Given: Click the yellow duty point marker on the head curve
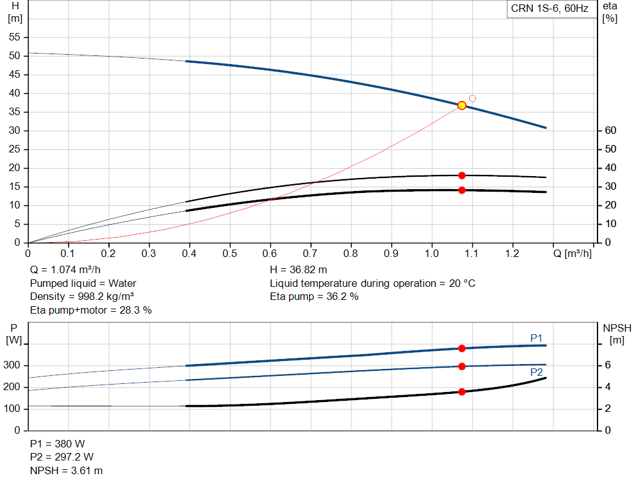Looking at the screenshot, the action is [462, 106].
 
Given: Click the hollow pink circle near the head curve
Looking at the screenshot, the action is [472, 98].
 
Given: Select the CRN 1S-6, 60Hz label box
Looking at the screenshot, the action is [550, 9].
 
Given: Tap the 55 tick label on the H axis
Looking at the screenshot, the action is [14, 37].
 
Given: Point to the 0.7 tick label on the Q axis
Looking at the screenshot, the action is [310, 253].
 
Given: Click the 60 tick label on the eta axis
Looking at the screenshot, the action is [611, 131].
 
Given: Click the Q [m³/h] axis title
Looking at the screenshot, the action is [572, 253].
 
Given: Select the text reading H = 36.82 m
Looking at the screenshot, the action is [298, 270].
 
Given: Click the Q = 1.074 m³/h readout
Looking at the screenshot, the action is [65, 270].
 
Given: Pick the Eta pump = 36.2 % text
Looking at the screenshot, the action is [314, 297].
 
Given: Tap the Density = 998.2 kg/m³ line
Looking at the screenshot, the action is [82, 297].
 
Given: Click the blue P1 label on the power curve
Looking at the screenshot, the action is [536, 338].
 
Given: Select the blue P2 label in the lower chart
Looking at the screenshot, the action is [536, 373].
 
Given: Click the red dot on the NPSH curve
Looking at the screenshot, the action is [462, 392].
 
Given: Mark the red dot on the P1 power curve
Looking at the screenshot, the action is [462, 348].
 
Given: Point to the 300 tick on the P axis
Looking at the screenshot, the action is [12, 365].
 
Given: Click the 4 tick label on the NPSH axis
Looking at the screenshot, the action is [607, 387].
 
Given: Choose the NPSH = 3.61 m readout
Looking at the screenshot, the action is [66, 471].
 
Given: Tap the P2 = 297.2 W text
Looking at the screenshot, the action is [62, 457].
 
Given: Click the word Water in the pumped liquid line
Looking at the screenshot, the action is [122, 283].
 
